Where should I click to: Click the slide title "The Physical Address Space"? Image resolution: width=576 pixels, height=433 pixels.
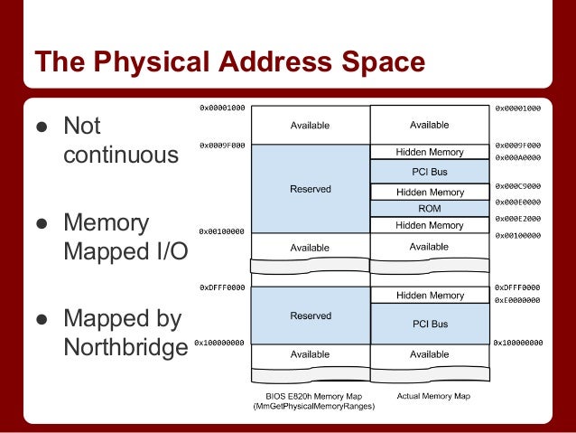coord(229,62)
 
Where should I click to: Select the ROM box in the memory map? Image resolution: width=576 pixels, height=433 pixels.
coord(430,209)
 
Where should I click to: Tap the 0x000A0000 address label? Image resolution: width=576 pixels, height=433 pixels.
coord(517,156)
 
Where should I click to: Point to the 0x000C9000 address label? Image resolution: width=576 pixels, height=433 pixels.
coord(517,186)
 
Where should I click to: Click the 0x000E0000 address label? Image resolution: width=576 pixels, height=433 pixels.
coord(517,202)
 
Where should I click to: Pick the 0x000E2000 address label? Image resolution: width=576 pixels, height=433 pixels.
coord(517,219)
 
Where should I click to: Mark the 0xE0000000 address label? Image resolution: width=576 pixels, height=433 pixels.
coord(517,300)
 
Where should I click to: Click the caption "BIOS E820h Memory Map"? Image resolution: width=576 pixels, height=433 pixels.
coord(310,397)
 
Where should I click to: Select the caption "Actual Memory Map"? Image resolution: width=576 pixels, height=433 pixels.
coord(430,396)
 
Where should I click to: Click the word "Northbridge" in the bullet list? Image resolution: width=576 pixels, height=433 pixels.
coord(125,347)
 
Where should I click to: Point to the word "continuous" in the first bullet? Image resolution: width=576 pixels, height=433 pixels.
coord(121,155)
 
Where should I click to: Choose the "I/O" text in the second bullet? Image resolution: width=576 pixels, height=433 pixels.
coord(166,250)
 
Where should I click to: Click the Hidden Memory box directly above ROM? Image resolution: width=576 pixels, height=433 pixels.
coord(430,193)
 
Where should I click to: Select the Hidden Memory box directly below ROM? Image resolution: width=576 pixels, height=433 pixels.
coord(430,225)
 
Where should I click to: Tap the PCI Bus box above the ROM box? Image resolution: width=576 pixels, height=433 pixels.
coord(430,172)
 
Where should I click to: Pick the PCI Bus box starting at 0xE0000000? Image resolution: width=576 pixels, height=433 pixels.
coord(430,323)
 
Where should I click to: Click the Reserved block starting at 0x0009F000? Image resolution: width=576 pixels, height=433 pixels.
coord(310,189)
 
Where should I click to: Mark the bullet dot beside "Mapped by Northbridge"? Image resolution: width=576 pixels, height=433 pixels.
coord(41,319)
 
